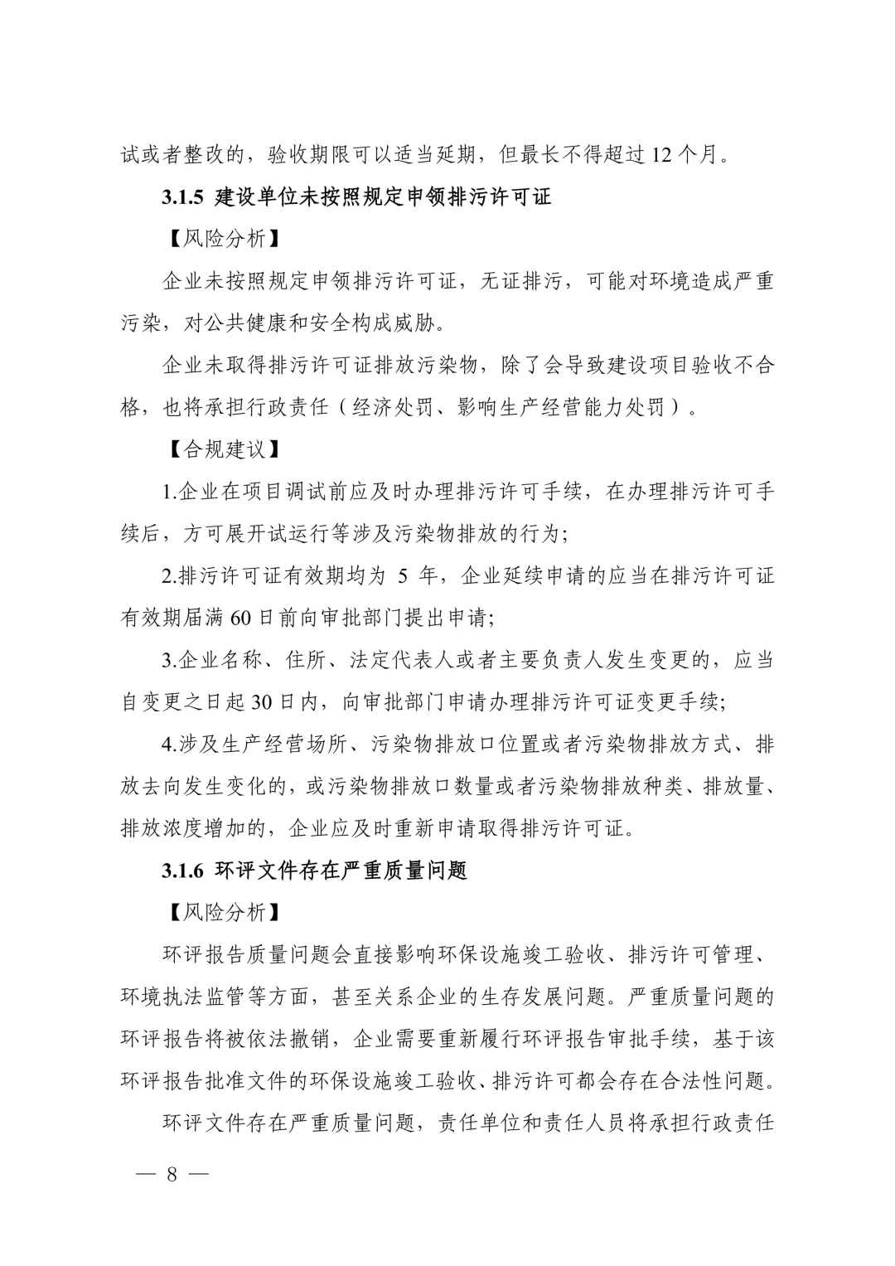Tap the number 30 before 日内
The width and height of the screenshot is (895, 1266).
coord(261,703)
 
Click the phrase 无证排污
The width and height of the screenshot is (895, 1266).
coord(524,282)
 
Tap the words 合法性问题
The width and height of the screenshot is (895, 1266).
coord(716,1082)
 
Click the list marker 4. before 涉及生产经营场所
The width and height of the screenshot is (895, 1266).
coord(170,745)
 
